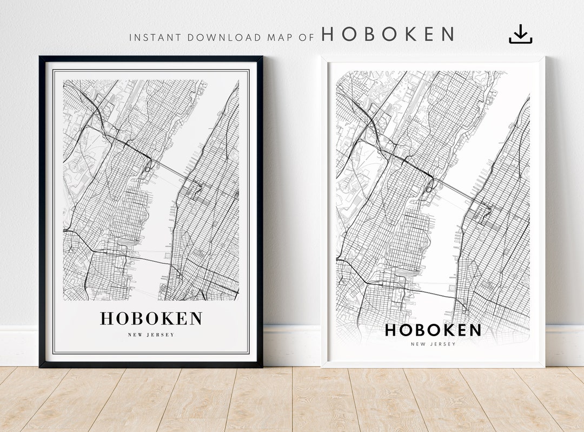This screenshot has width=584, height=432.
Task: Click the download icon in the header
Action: point(520,35)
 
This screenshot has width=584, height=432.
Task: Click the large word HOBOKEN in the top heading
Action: point(388,35)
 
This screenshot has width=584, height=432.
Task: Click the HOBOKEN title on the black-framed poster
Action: point(151,319)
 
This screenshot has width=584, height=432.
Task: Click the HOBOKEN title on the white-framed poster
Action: point(433,330)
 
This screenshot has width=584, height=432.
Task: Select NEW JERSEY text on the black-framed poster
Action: point(151,335)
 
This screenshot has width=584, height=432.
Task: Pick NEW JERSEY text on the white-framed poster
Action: point(433,344)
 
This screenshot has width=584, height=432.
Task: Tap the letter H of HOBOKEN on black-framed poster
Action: point(107,319)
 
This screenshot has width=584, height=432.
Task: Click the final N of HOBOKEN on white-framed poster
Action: point(474,330)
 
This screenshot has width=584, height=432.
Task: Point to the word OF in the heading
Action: point(307,38)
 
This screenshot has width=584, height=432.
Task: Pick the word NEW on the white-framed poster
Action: point(417,344)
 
